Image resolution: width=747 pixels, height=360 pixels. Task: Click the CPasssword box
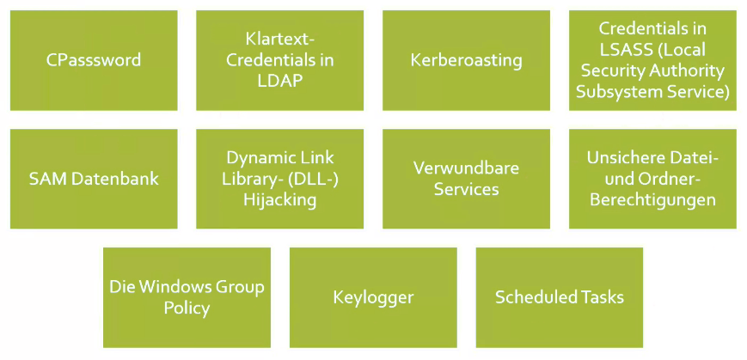point(94,60)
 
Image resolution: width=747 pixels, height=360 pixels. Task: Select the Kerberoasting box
point(466,60)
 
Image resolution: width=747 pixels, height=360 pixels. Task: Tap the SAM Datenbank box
point(94,179)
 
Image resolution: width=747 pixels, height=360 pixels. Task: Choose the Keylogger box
point(373,297)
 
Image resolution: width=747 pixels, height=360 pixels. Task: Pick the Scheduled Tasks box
point(560,297)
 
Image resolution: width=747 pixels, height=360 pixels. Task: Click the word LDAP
point(279,80)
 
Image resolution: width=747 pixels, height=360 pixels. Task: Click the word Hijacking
point(279,199)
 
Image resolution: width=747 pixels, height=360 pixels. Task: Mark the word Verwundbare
point(466,168)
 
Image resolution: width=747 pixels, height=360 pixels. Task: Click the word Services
point(466,189)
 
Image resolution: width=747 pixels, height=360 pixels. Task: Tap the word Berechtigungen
point(652,199)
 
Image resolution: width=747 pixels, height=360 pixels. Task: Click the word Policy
point(187,308)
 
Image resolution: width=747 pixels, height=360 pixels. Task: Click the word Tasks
point(601,297)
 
